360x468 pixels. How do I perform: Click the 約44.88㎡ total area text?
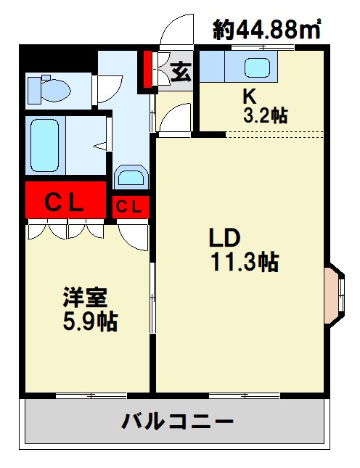(266, 29)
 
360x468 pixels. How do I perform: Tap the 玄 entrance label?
(181, 72)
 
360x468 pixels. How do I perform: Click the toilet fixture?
(49, 89)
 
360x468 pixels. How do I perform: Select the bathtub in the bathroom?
(45, 145)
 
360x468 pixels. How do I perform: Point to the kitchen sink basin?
(257, 67)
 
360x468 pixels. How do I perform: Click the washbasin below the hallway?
(131, 177)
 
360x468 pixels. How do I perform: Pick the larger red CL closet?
(65, 200)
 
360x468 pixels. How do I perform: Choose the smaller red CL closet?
(131, 207)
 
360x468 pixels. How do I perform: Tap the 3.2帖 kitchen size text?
(265, 115)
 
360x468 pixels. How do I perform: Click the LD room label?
(224, 237)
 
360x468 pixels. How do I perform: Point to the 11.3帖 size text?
(245, 262)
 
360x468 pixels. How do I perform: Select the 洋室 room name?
(85, 297)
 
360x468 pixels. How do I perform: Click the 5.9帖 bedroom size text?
(90, 321)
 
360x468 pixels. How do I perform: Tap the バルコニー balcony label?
(177, 421)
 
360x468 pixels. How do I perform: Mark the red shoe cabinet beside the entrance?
(147, 70)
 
